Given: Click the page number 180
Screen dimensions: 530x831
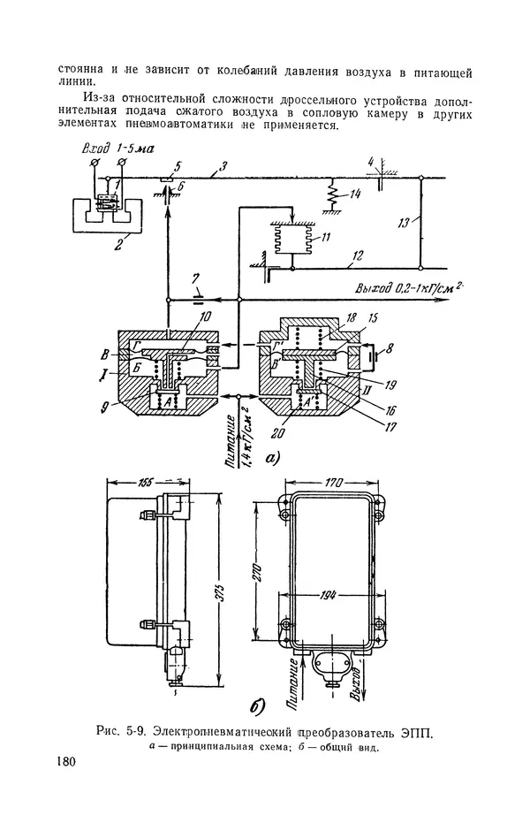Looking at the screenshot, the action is [66, 762].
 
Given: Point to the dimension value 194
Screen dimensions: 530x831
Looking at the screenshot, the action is [329, 595].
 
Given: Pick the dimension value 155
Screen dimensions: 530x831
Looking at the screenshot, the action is [144, 483].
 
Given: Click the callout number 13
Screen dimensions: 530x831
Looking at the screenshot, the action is [404, 223].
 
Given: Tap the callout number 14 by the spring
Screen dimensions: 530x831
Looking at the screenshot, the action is [355, 194].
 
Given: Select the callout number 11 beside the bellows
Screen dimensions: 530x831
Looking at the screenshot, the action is [325, 236].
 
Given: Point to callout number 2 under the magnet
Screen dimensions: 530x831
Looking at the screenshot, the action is [119, 245].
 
